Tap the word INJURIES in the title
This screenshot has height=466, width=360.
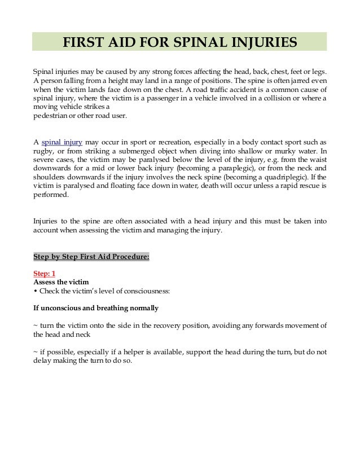[266, 42]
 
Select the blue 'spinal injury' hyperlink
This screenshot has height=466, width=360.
[61, 142]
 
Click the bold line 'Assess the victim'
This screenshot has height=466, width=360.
[61, 282]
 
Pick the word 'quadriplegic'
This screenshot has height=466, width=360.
[291, 177]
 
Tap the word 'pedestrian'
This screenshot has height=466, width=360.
[51, 116]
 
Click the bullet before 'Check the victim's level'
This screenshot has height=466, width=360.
[36, 291]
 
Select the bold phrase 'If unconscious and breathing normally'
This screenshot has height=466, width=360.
[96, 308]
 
